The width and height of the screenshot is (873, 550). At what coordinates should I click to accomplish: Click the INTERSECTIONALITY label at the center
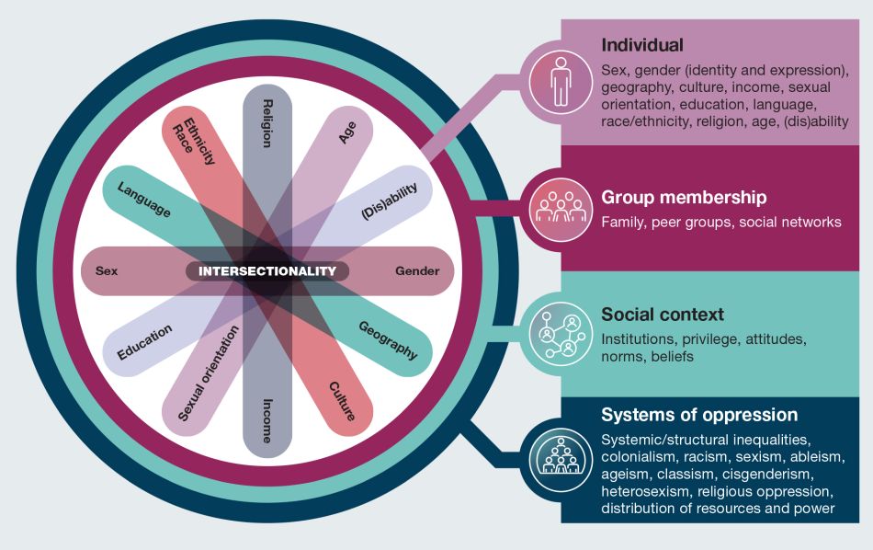pyautogui.click(x=267, y=271)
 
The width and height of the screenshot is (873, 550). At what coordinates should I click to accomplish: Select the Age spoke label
pyautogui.click(x=347, y=132)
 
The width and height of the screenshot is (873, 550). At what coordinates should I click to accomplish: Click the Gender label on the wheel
pyautogui.click(x=417, y=271)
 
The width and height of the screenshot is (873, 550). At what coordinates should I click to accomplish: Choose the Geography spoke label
pyautogui.click(x=388, y=340)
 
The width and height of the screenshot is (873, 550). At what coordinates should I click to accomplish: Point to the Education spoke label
pyautogui.click(x=144, y=342)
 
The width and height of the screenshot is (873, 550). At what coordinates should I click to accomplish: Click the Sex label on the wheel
pyautogui.click(x=107, y=271)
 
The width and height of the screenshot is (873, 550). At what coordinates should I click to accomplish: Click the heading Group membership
pyautogui.click(x=684, y=198)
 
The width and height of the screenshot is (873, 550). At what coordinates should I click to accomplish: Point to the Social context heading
pyautogui.click(x=663, y=315)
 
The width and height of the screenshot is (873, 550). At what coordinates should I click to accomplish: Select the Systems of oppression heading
pyautogui.click(x=699, y=414)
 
